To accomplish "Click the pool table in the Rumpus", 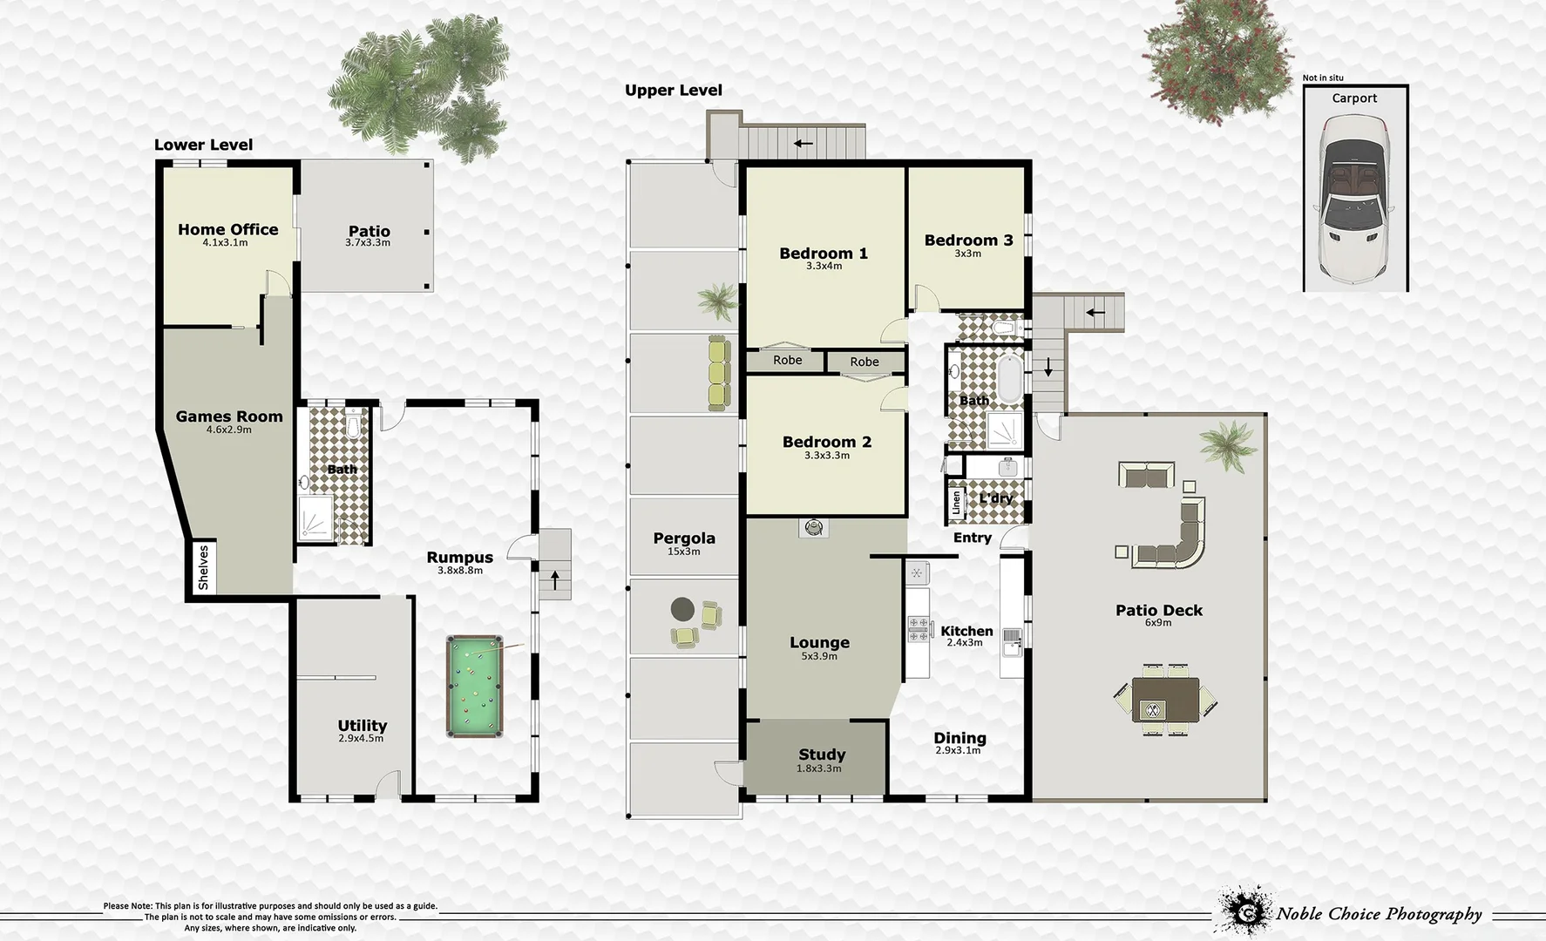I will (x=474, y=686).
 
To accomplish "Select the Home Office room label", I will (x=227, y=230).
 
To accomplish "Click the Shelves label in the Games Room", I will (x=203, y=567).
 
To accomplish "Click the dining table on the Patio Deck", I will (x=1165, y=700).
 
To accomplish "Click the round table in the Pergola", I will (x=682, y=609).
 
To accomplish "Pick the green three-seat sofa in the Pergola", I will (x=718, y=374).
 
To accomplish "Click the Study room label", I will (x=821, y=755).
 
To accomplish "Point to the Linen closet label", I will (x=956, y=503).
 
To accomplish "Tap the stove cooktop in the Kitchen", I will (x=918, y=628).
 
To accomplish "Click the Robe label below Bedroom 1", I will (x=787, y=360).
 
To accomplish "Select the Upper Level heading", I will (x=673, y=91).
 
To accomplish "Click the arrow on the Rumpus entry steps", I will (x=554, y=579).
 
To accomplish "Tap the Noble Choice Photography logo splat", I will (x=1243, y=911).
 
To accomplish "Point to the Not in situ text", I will (x=1322, y=78).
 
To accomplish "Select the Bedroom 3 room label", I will (x=967, y=240).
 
